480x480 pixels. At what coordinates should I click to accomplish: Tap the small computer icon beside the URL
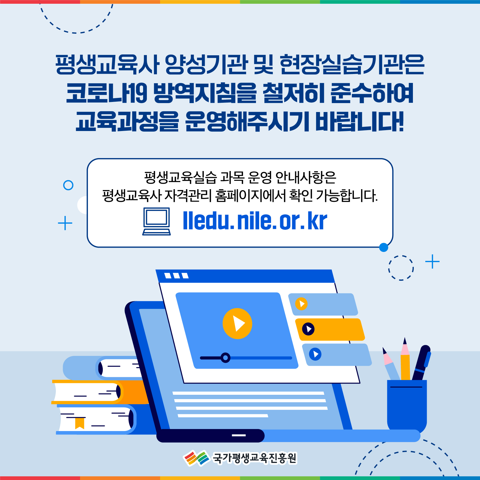tap(156, 221)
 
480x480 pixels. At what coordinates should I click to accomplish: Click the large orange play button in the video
tap(237, 323)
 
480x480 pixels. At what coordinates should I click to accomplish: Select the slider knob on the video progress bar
tap(225, 358)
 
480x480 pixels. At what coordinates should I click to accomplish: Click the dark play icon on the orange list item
tap(308, 329)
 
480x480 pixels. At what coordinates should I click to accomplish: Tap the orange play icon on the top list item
tap(301, 304)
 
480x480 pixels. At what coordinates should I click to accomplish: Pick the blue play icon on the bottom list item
tap(315, 354)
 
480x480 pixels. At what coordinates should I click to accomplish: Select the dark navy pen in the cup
tap(421, 363)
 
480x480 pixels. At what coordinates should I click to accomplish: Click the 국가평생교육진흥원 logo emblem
tap(196, 458)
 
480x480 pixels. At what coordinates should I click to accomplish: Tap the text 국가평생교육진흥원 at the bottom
tap(255, 458)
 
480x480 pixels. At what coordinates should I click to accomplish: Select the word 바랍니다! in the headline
tap(360, 122)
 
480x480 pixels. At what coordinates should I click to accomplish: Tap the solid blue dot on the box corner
tap(384, 247)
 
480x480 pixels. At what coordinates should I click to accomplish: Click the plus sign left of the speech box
tap(65, 223)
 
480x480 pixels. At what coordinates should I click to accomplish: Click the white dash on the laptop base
tap(239, 435)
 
